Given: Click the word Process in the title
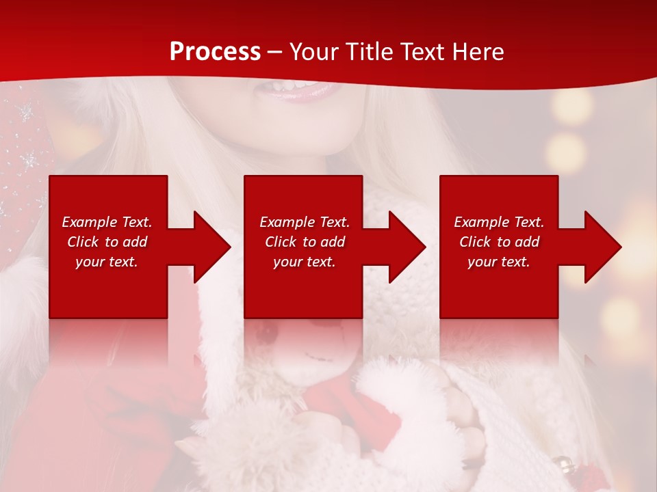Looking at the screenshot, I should [x=215, y=51].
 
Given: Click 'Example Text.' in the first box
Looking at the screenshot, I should [x=107, y=222].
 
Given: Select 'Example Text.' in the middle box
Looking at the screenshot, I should [x=305, y=222].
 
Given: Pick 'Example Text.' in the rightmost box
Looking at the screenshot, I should [x=499, y=222].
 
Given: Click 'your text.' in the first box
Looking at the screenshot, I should [x=107, y=262].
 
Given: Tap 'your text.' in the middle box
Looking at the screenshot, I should [x=305, y=262].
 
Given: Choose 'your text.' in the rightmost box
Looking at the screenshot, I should [x=499, y=262].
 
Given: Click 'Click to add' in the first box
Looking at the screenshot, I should [x=107, y=242].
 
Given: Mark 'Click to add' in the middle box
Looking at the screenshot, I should [x=305, y=242].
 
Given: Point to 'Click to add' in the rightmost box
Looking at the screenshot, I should [x=499, y=242].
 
